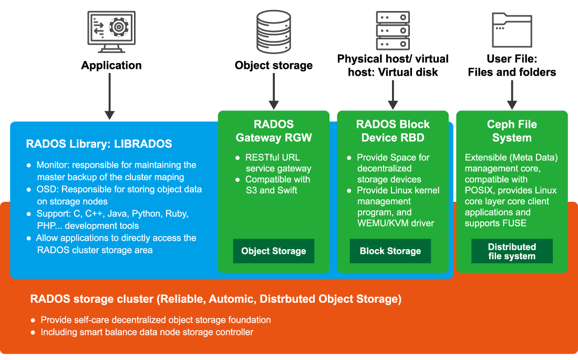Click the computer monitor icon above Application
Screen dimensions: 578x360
(111, 32)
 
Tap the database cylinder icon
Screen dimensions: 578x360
(274, 32)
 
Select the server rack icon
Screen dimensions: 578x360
(393, 30)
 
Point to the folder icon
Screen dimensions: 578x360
(512, 30)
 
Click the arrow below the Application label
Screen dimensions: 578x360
(109, 96)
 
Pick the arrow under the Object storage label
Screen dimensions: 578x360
(274, 91)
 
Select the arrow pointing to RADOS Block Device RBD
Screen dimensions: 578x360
(393, 95)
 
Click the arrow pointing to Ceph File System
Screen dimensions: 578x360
(512, 95)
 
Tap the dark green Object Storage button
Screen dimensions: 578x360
(274, 251)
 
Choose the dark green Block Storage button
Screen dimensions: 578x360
(390, 251)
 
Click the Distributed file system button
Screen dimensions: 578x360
(512, 251)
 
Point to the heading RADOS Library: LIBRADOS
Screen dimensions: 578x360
(99, 143)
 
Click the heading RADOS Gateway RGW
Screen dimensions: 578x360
(274, 131)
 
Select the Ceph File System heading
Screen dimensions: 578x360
(512, 131)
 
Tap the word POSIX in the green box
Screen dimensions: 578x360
(479, 190)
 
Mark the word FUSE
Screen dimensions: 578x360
(515, 223)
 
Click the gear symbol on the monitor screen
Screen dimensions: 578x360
(119, 27)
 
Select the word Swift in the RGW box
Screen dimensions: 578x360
(287, 190)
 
